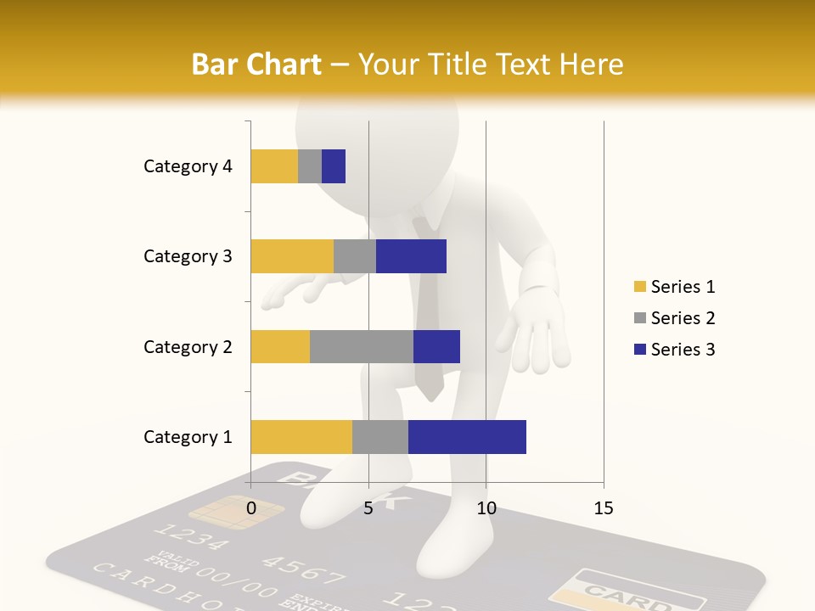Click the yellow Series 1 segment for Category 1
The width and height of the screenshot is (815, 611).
point(301,437)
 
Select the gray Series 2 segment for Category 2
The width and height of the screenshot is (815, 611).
point(362,346)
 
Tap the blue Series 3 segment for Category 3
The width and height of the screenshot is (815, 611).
point(411,256)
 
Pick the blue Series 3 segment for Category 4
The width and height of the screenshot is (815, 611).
point(334,166)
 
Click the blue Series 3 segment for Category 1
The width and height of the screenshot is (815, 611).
point(467,437)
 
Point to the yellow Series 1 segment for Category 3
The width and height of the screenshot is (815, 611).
point(292,256)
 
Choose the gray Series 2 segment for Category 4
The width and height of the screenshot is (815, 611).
point(310,166)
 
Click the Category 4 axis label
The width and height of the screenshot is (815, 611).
point(188,166)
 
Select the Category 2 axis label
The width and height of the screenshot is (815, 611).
point(188,346)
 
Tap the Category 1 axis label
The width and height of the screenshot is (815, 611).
point(188,437)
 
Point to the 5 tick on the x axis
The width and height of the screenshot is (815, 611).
point(368,508)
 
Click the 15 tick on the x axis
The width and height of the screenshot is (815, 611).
point(604,508)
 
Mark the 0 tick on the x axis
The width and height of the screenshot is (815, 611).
point(251,508)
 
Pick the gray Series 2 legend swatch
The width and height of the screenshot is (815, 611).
point(639,318)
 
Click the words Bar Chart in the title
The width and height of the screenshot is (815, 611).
point(256,64)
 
